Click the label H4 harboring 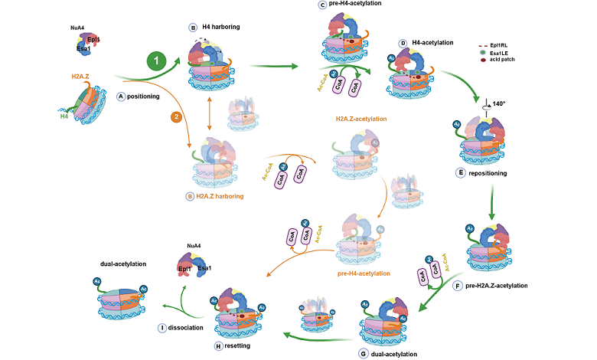click(220, 27)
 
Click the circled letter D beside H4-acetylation click(403, 43)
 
